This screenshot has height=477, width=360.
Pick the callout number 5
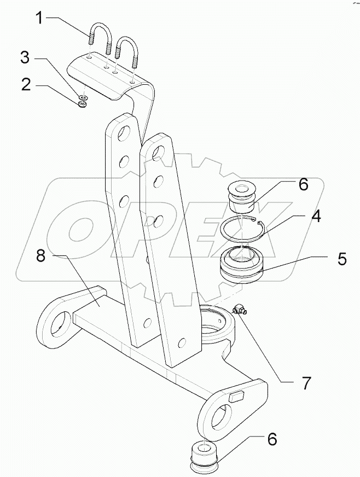coord(341,258)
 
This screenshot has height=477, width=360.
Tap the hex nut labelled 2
coord(83,103)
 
